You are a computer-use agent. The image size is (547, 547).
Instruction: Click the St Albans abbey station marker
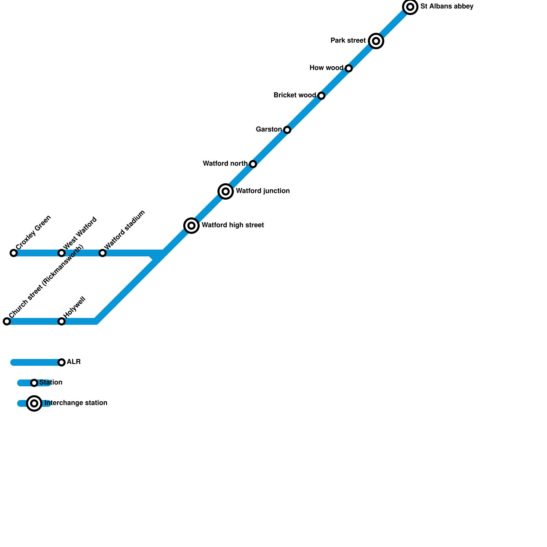tap(410, 7)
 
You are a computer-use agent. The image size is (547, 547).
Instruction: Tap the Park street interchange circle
tap(376, 41)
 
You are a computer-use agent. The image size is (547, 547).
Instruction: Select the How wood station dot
tap(349, 68)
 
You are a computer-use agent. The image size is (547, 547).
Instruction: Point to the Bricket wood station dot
tap(321, 96)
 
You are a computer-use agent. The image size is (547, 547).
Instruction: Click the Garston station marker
tap(287, 130)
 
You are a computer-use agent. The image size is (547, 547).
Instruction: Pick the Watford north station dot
tap(253, 164)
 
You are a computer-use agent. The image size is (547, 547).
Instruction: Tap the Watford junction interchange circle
tap(226, 191)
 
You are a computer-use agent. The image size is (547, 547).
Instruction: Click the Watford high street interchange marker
tap(191, 226)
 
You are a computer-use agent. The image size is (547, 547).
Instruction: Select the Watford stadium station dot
tap(103, 253)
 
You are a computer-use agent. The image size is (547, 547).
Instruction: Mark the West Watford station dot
tap(62, 253)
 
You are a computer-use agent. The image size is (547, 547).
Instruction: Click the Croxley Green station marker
tap(14, 253)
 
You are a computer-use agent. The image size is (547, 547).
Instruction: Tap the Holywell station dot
tap(62, 321)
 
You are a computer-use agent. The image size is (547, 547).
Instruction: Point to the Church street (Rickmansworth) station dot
tap(7, 321)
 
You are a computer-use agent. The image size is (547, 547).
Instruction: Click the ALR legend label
tap(74, 362)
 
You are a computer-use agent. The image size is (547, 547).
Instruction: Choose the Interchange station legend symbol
tap(34, 403)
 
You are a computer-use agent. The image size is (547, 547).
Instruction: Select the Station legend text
tap(51, 383)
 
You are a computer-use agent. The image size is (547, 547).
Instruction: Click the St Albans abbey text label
tap(447, 6)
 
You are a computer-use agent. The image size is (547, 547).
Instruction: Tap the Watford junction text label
tap(263, 191)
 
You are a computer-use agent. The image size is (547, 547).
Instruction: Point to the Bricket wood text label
tap(295, 95)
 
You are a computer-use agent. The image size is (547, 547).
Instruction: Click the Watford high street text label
tap(233, 225)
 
